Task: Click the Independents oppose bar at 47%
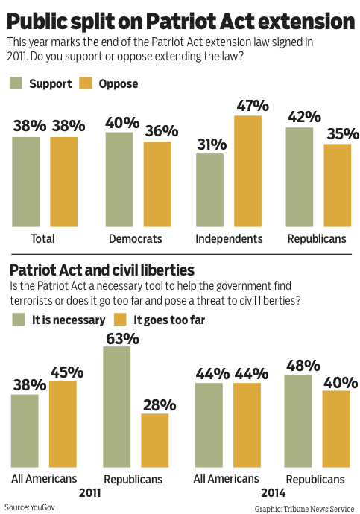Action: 247,171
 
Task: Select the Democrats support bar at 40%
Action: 119,180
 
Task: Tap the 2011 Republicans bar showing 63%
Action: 117,407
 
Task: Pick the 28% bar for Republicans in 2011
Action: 155,440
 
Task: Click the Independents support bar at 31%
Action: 210,190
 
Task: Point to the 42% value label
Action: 304,117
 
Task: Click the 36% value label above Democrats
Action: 162,131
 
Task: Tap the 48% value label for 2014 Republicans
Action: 303,366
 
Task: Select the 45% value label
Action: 67,372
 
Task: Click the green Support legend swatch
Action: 16,83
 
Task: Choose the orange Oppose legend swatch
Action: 85,83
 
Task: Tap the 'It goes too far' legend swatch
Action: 120,320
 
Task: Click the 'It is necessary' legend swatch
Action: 19,320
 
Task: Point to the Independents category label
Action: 229,238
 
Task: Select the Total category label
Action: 42,238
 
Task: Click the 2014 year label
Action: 274,492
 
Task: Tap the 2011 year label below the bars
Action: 90,492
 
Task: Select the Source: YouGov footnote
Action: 30,507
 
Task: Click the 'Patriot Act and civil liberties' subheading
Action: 102,270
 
